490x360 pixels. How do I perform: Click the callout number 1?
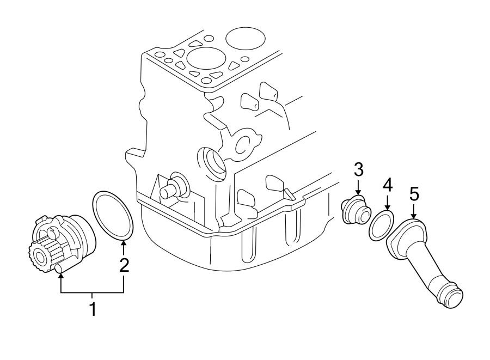[x=93, y=309]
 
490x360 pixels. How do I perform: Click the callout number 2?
[x=124, y=265]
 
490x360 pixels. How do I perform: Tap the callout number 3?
[x=358, y=170]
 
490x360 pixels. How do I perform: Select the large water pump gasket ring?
[x=113, y=215]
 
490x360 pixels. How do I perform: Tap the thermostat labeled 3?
[x=354, y=211]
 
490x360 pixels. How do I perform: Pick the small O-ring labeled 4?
[x=381, y=227]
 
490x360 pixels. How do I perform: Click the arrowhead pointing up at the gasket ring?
[x=124, y=243]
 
